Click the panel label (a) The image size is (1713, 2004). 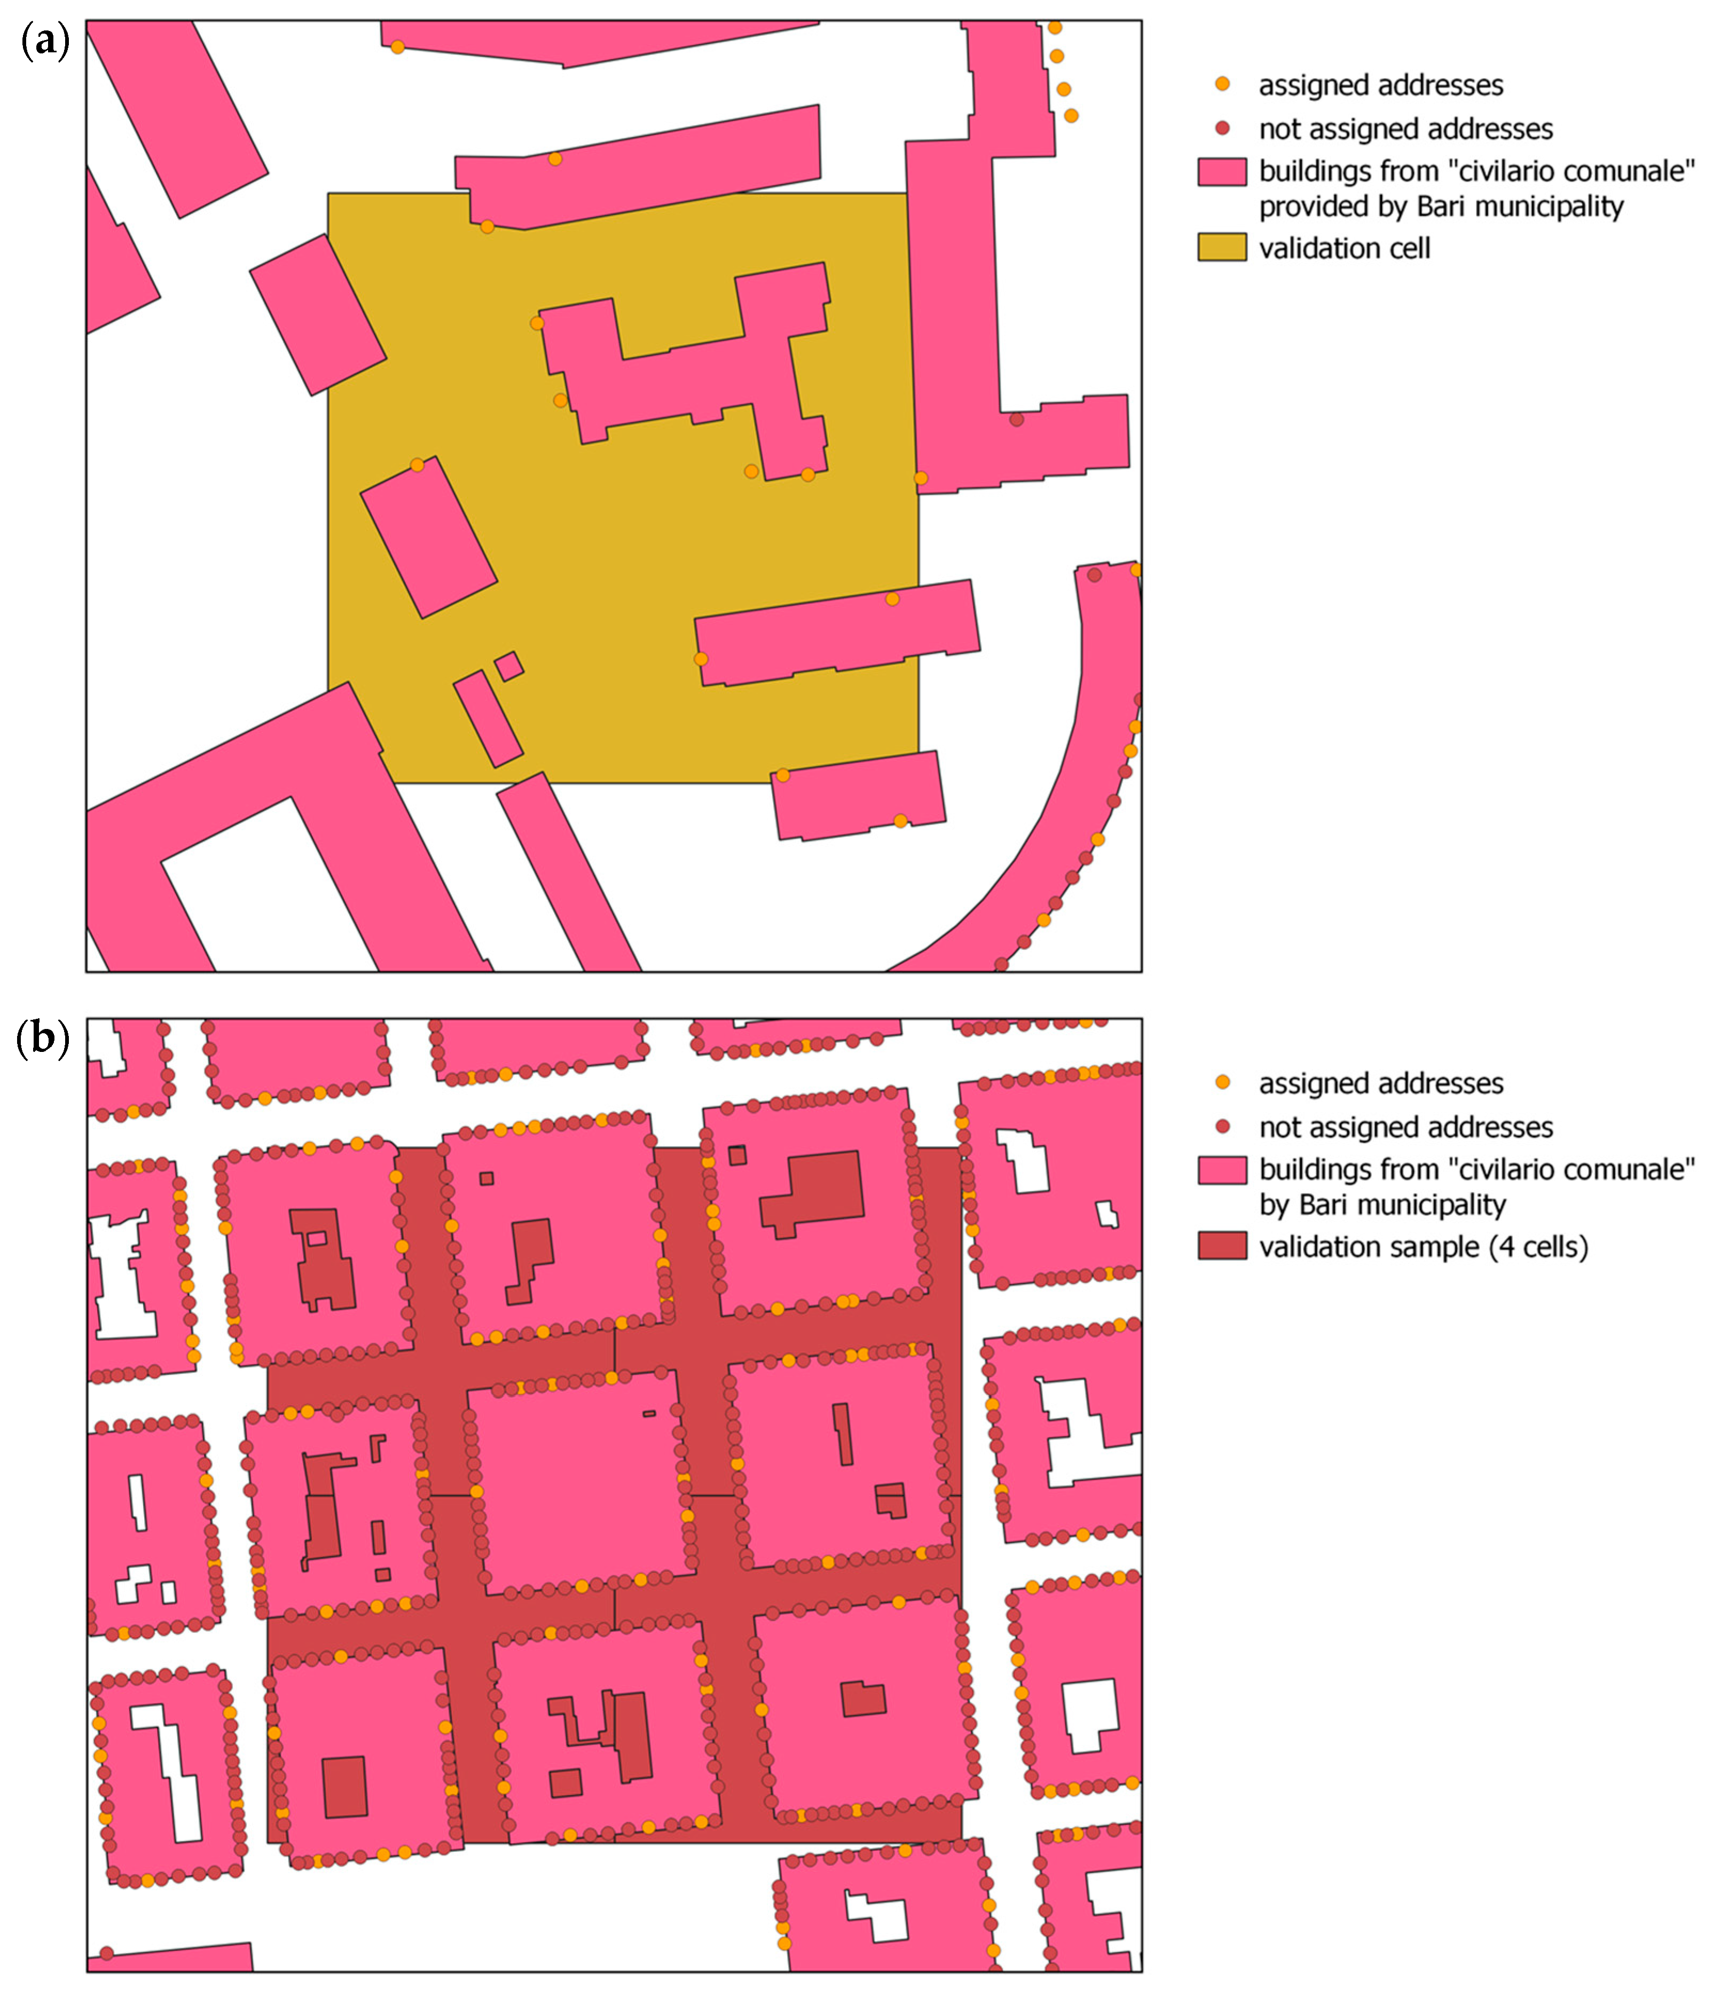pos(44,43)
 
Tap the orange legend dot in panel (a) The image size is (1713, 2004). pos(1223,84)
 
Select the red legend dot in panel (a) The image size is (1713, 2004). pos(1223,128)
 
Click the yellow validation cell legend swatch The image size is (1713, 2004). pos(1222,248)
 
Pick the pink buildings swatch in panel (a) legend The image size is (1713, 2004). pos(1222,172)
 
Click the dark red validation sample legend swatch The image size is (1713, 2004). pos(1222,1246)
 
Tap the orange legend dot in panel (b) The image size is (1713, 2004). pos(1223,1082)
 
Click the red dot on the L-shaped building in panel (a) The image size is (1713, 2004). pos(1016,420)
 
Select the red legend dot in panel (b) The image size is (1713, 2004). pos(1223,1126)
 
